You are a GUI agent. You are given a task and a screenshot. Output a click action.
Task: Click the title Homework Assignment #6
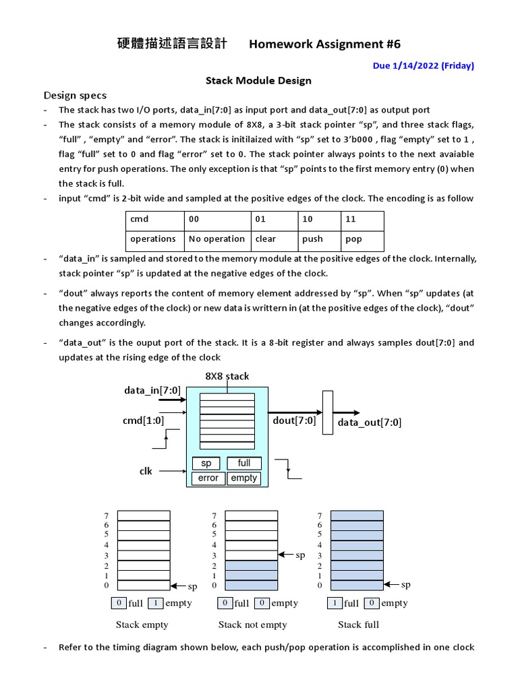point(324,44)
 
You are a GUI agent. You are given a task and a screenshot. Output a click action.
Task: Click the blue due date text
point(423,65)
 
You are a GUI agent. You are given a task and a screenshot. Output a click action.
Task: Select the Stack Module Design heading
point(258,81)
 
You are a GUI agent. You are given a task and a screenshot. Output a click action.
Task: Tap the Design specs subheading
point(75,95)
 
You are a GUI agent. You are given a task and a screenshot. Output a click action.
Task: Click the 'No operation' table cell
point(217,239)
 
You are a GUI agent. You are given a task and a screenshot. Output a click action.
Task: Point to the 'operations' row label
point(153,239)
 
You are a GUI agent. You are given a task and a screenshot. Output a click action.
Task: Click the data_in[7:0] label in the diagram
point(152,390)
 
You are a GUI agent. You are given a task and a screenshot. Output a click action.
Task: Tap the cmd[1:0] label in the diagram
point(143,420)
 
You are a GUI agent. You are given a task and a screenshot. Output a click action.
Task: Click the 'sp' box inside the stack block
point(206,463)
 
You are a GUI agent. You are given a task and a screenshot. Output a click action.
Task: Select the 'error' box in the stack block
point(208,478)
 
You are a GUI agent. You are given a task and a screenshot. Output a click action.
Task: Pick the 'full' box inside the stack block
point(244,463)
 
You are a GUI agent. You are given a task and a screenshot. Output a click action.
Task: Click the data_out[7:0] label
point(370,422)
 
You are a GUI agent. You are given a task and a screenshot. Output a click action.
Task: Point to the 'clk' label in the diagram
point(146,471)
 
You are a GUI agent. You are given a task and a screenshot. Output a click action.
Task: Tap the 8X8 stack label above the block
point(227,376)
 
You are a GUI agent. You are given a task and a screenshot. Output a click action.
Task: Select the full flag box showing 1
point(335,603)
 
